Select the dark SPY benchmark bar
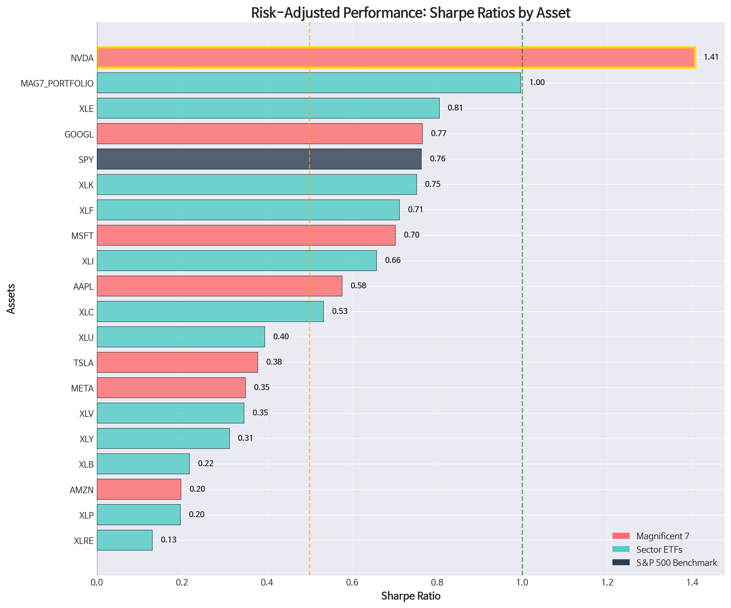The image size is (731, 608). (x=259, y=159)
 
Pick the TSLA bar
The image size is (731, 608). (x=177, y=362)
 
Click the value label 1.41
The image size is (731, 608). (x=711, y=57)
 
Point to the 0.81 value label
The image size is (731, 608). (x=455, y=108)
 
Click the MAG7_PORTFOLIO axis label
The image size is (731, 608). (x=57, y=83)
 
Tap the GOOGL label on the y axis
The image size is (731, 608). (x=79, y=134)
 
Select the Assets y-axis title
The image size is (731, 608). (x=11, y=298)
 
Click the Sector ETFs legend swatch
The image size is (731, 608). (x=621, y=549)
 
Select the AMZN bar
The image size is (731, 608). (x=139, y=489)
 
